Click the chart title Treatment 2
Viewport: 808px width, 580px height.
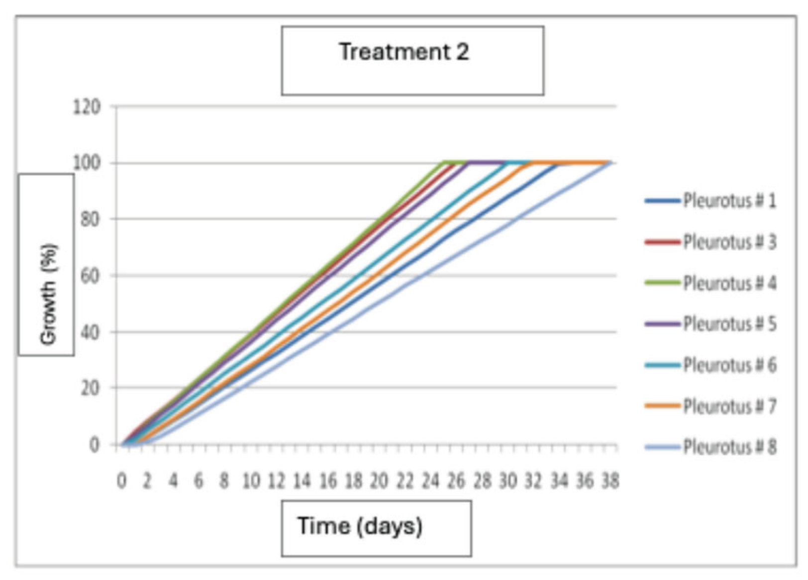tap(404, 52)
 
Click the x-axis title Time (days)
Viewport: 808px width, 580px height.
tap(360, 526)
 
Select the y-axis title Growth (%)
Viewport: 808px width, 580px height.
tap(48, 294)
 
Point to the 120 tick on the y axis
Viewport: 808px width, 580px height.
tap(87, 107)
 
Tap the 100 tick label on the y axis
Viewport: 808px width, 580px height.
tap(87, 163)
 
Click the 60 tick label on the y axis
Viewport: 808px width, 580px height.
tap(90, 276)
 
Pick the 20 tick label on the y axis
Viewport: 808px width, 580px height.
tap(90, 388)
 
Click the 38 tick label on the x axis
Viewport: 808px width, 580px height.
tap(610, 481)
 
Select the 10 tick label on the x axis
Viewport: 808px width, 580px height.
tap(251, 481)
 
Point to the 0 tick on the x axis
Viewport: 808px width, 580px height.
tap(121, 481)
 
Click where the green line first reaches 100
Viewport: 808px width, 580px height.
tap(443, 163)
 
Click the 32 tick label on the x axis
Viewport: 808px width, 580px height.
tap(533, 481)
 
